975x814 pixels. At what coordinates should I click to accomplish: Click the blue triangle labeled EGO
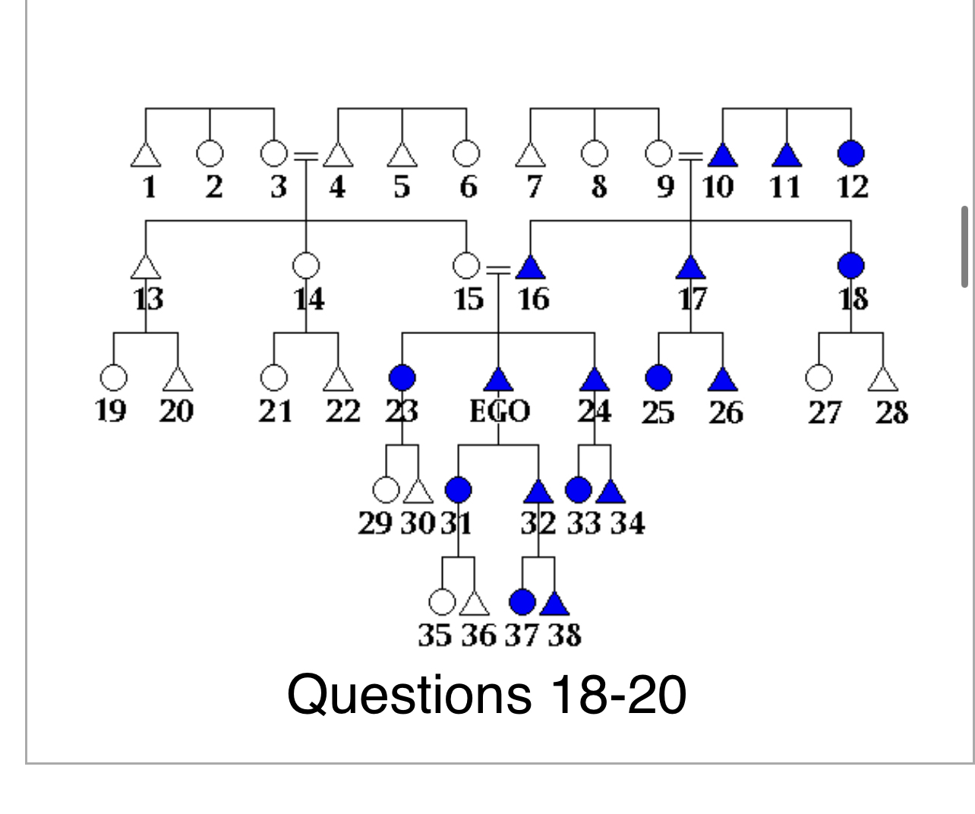tap(498, 379)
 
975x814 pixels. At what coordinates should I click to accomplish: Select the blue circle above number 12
tap(850, 154)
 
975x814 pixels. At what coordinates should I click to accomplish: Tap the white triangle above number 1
tap(146, 156)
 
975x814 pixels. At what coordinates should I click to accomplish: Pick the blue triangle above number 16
tap(531, 268)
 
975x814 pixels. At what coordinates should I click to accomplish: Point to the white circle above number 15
tap(466, 266)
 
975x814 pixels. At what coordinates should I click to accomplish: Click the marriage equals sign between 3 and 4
tap(305, 156)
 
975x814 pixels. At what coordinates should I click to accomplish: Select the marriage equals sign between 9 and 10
tap(690, 156)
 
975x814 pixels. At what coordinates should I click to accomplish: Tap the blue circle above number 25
tap(658, 377)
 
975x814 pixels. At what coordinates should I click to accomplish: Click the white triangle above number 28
tap(882, 380)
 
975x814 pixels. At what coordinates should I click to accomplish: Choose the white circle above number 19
tap(113, 377)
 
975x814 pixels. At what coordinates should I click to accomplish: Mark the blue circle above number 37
tap(522, 602)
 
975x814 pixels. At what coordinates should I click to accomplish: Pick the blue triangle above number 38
tap(554, 604)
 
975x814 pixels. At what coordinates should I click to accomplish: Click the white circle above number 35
tap(442, 602)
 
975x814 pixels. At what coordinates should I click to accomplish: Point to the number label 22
tap(342, 411)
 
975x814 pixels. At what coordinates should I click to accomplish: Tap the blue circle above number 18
tap(850, 266)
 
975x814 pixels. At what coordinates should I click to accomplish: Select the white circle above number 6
tap(466, 154)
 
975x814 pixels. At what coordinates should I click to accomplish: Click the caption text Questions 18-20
tap(486, 694)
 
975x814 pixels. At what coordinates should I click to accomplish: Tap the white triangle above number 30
tap(418, 493)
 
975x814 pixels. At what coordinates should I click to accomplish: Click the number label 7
tap(534, 187)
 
